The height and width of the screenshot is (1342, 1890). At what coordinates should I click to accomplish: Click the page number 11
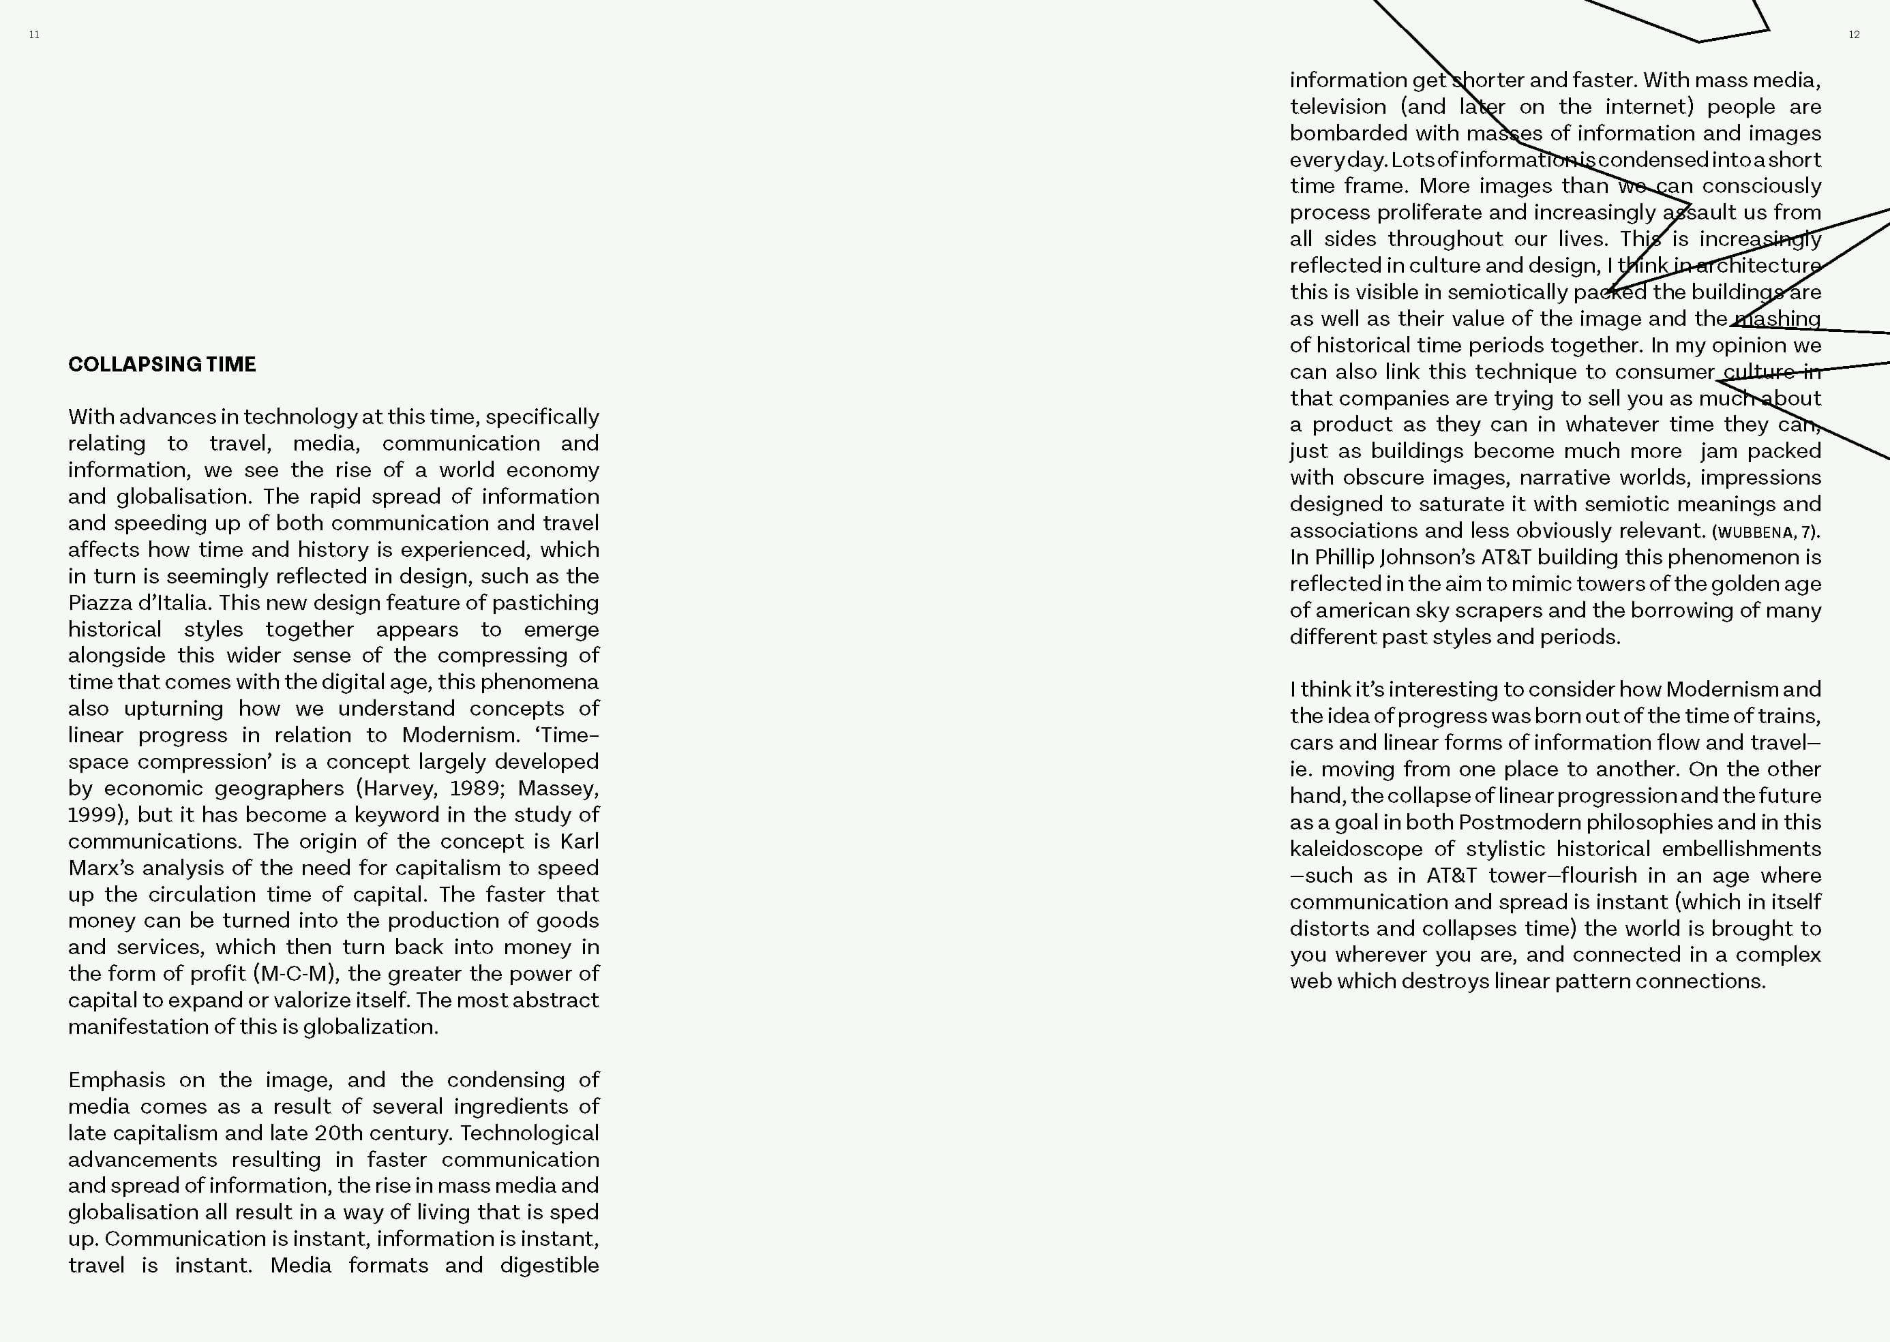coord(34,35)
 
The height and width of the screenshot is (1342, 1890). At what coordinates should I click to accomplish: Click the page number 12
coord(1854,35)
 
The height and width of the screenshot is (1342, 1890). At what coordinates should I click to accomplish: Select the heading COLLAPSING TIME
coord(162,365)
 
